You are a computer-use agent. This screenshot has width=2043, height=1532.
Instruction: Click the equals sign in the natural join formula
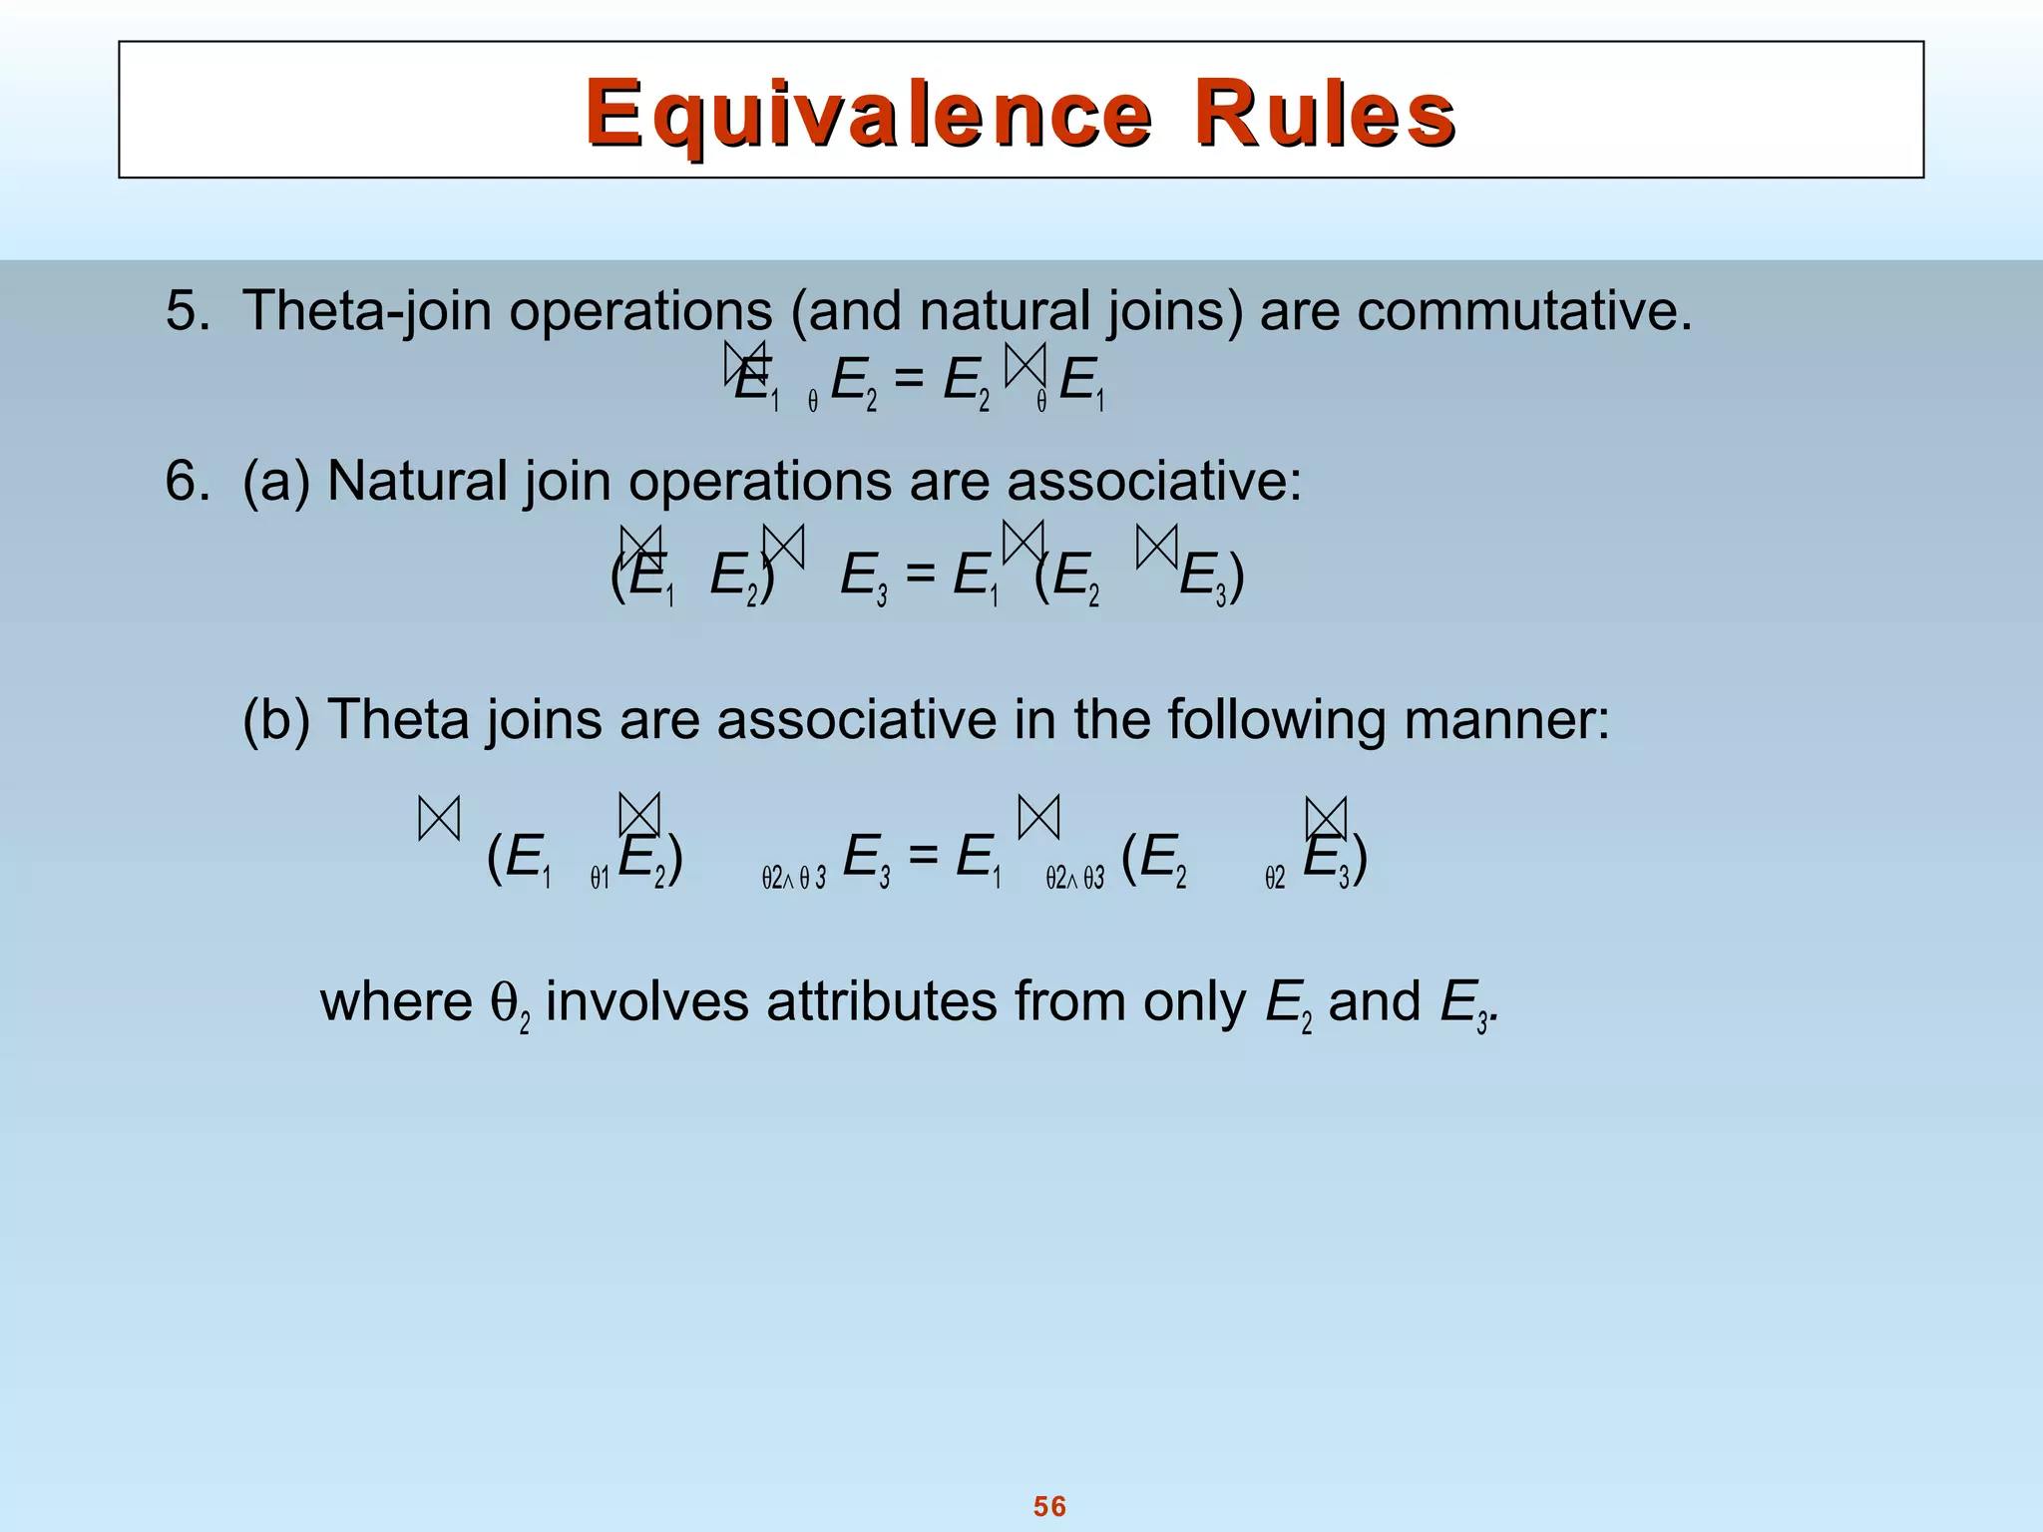pos(920,575)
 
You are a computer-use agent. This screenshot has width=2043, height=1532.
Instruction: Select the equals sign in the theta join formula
pos(923,856)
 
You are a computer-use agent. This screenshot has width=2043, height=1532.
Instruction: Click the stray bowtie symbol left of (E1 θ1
pos(439,819)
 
